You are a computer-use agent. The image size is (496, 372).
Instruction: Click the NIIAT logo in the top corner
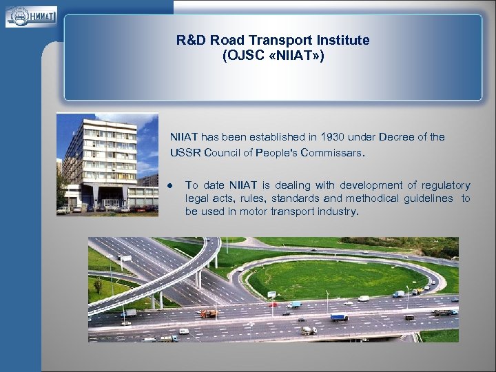[x=31, y=16]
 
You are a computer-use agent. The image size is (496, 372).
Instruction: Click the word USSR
[x=184, y=153]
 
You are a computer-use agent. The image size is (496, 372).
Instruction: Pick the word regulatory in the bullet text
[x=446, y=185]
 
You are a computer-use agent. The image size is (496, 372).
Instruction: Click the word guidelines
[x=426, y=198]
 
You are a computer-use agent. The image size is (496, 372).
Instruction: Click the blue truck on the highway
[x=338, y=318]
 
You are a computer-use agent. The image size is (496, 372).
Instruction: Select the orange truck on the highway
[x=207, y=314]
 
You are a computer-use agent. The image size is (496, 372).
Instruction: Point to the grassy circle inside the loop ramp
[x=324, y=279]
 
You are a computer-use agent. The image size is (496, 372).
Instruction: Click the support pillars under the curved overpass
[x=200, y=279]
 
